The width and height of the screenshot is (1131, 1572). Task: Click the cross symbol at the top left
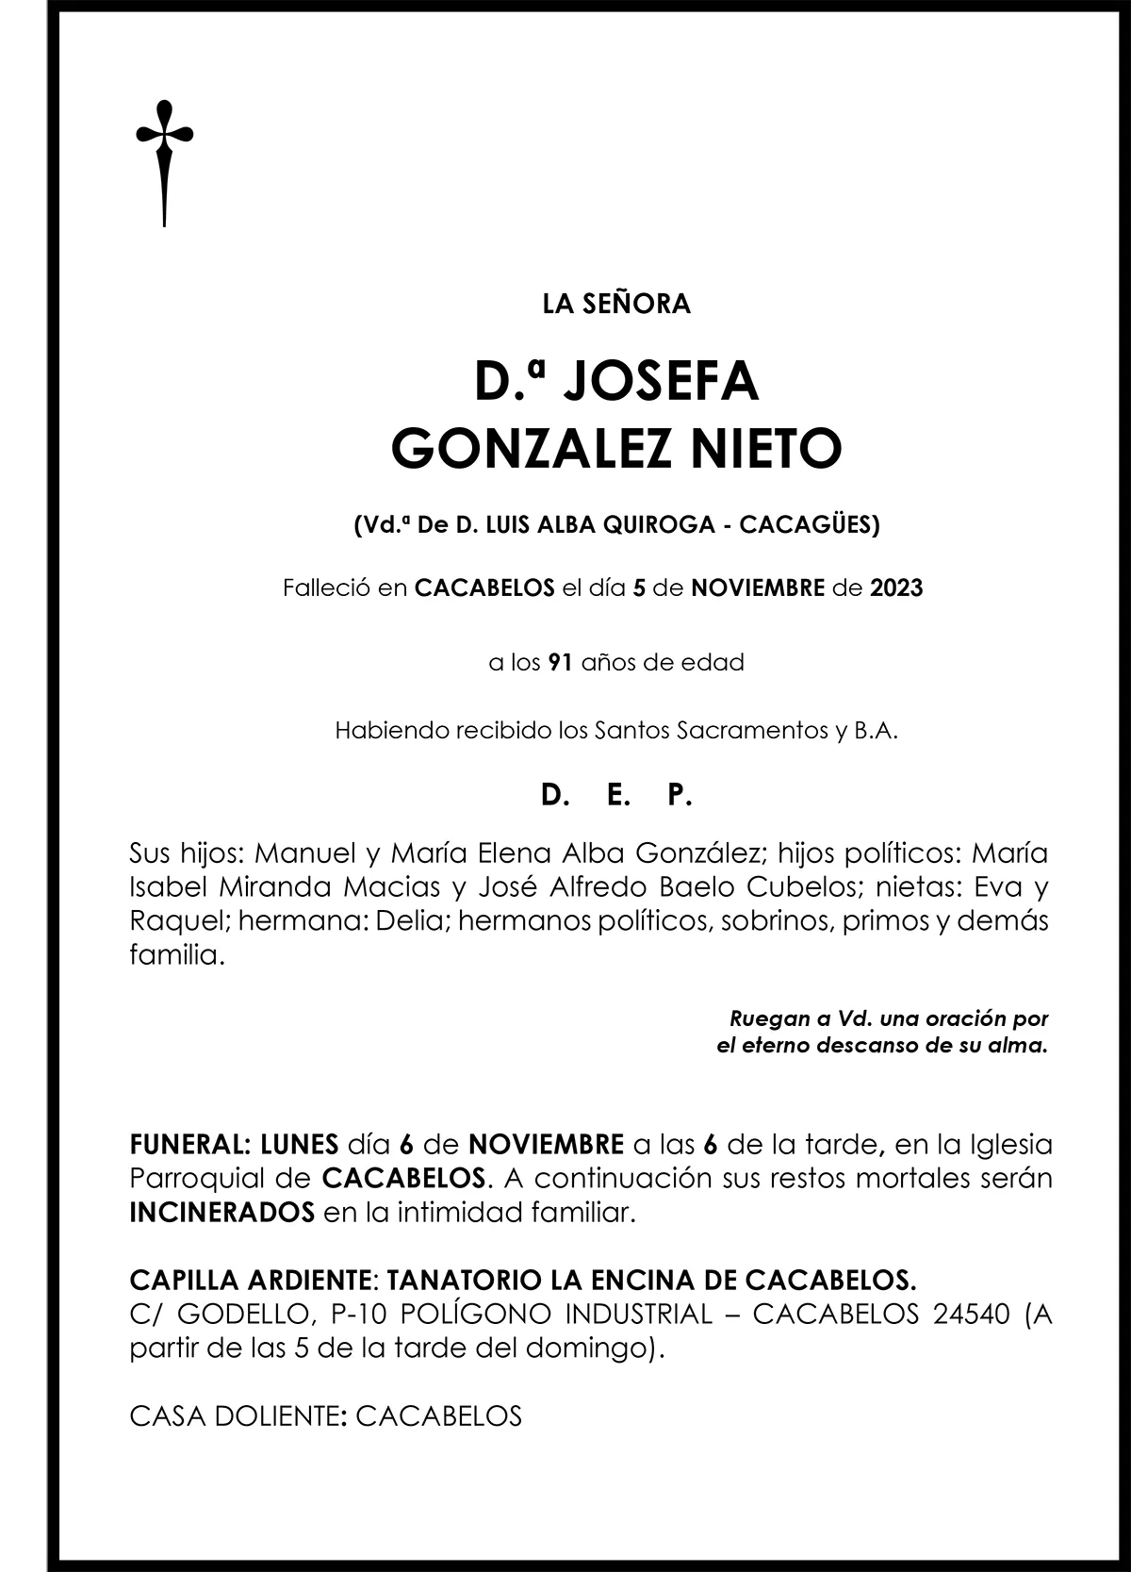point(165,160)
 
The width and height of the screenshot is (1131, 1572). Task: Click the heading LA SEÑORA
point(616,304)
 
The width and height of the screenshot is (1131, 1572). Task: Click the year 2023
point(896,589)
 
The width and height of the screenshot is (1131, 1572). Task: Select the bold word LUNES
point(299,1145)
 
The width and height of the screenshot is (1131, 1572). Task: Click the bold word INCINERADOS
point(221,1213)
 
